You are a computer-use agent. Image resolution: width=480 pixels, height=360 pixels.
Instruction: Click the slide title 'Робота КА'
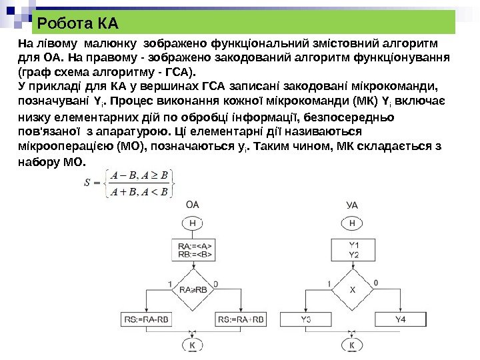[78, 25]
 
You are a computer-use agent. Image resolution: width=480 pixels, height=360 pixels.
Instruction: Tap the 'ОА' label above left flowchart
[193, 205]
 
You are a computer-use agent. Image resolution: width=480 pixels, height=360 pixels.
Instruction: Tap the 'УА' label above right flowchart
[352, 205]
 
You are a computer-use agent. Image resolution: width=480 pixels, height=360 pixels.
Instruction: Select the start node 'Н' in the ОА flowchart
[193, 223]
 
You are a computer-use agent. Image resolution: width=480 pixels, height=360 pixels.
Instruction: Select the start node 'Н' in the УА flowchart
[352, 223]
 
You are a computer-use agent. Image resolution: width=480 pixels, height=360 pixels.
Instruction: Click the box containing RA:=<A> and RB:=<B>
[193, 249]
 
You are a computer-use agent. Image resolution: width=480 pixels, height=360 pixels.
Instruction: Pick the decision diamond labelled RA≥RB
[193, 289]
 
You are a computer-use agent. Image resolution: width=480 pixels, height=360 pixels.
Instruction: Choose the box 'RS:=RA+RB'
[241, 319]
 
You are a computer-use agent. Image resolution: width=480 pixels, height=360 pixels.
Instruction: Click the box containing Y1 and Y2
[353, 249]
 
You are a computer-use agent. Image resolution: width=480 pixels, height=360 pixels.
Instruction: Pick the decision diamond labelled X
[353, 289]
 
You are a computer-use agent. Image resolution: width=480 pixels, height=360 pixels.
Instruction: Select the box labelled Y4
[401, 319]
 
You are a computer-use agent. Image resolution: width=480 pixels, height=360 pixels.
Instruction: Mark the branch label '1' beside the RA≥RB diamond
[170, 283]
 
